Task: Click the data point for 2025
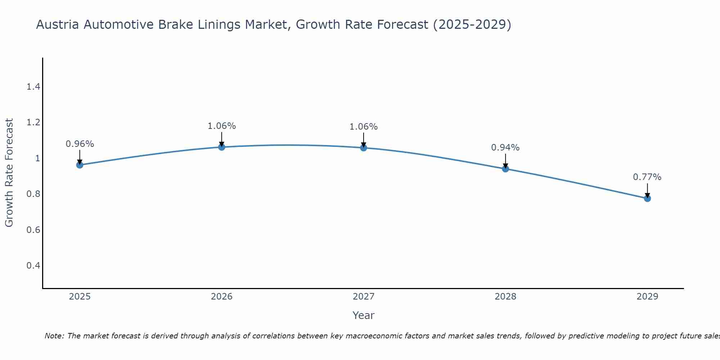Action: click(80, 165)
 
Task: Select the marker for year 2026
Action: click(221, 147)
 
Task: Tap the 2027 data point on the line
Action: click(364, 148)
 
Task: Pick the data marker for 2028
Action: click(505, 168)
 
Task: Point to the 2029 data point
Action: click(647, 198)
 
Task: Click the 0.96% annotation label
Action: click(80, 144)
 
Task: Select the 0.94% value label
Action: click(505, 148)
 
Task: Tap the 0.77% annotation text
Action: click(647, 177)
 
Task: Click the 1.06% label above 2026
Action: click(221, 126)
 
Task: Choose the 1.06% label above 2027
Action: click(364, 127)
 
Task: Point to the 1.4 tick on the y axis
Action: click(33, 87)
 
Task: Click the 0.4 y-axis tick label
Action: click(33, 266)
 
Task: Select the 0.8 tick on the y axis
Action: click(33, 194)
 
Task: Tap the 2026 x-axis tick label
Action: click(221, 297)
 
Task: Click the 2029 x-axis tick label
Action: click(647, 297)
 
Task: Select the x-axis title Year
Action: click(364, 315)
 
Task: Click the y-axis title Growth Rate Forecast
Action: click(9, 173)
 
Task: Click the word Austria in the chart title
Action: click(58, 25)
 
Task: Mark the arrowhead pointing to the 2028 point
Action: click(505, 166)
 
